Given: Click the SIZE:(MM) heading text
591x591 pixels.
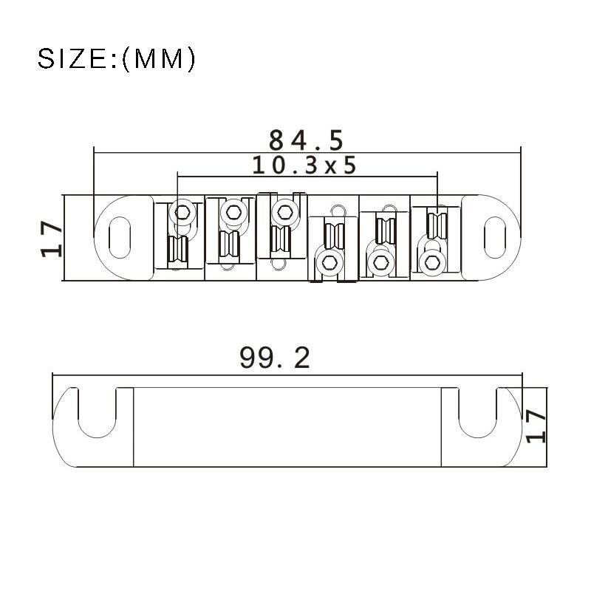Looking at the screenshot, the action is (x=117, y=59).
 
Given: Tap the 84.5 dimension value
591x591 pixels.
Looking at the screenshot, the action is (x=306, y=140).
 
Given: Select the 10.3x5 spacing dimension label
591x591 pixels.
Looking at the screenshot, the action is (x=304, y=165).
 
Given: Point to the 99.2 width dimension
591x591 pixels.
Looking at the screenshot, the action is (x=275, y=358).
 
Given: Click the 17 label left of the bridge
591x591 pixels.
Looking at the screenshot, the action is (x=51, y=239).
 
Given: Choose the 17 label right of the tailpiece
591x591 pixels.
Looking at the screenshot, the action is (x=536, y=426).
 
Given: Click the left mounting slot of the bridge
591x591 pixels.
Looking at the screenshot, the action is (x=120, y=237).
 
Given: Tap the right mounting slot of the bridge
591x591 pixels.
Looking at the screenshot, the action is (x=494, y=237).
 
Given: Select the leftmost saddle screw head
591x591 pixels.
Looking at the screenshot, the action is (x=182, y=213).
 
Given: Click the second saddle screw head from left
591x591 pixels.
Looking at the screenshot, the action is (x=233, y=212).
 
